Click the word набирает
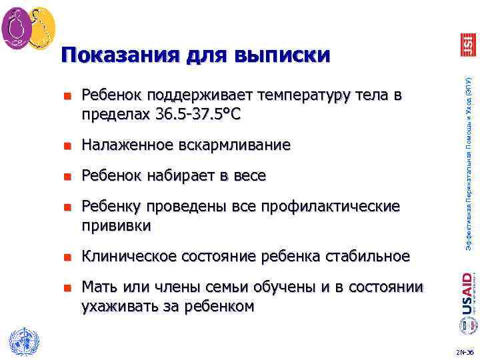point(185,176)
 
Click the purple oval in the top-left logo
point(17,27)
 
